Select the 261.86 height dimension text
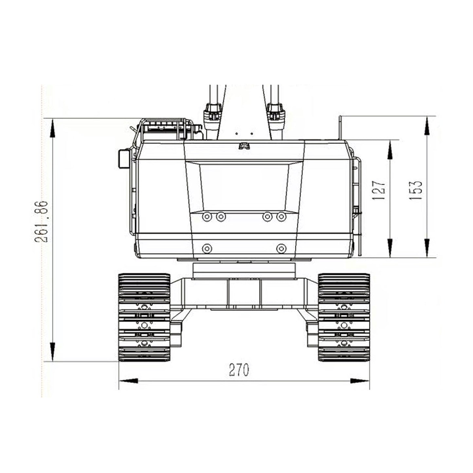click(x=41, y=222)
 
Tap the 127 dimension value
click(x=379, y=191)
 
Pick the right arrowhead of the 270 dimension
click(x=360, y=388)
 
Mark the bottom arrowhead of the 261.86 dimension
click(x=52, y=351)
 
